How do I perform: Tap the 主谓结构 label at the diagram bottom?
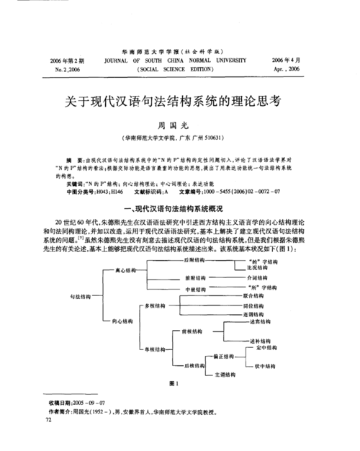click(226, 376)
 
